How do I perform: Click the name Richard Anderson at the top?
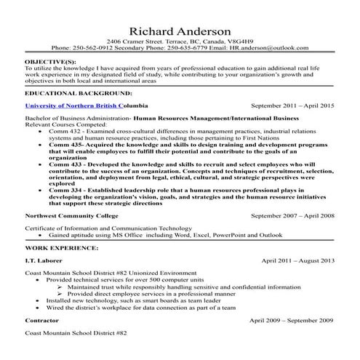pos(180,31)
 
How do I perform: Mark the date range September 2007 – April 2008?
pos(292,215)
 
